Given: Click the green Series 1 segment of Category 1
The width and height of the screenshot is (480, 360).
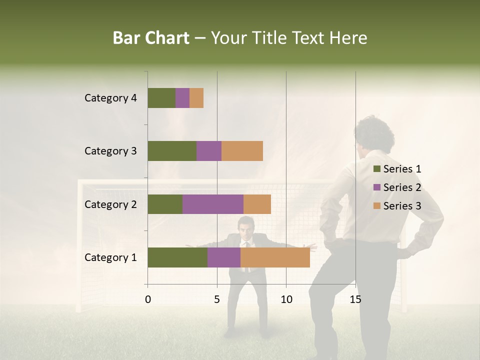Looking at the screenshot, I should (x=177, y=257).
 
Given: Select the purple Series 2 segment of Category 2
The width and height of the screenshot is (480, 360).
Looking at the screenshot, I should (x=212, y=204).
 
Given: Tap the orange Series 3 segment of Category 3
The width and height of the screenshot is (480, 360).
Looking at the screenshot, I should (x=242, y=151).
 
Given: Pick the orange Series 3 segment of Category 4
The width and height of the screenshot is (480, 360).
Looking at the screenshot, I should (x=196, y=98).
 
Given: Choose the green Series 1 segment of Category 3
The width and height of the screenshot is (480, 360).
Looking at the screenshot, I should (x=172, y=151).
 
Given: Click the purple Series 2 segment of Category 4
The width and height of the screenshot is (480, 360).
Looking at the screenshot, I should (x=182, y=98).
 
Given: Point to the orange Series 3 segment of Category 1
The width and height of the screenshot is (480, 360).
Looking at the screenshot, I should (x=275, y=257).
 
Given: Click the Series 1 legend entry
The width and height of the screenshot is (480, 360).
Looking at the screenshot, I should (x=397, y=169).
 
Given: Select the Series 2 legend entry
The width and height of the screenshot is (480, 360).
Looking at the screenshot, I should (x=397, y=187).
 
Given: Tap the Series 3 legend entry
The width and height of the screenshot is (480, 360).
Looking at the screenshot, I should (x=397, y=206).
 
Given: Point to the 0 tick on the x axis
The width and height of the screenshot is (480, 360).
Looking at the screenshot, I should (x=148, y=299).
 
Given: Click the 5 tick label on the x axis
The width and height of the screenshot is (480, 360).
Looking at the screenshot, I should (x=217, y=299).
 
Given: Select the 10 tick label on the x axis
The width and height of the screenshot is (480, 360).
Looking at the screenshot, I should (x=286, y=299).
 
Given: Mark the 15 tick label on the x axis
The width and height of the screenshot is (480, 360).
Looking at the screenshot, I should (x=355, y=299).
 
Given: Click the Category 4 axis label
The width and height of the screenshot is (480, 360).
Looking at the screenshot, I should (x=110, y=98).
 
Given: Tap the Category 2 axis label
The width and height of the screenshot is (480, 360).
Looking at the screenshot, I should (x=110, y=204).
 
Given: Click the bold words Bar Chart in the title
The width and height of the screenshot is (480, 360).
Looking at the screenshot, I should (x=151, y=38).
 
